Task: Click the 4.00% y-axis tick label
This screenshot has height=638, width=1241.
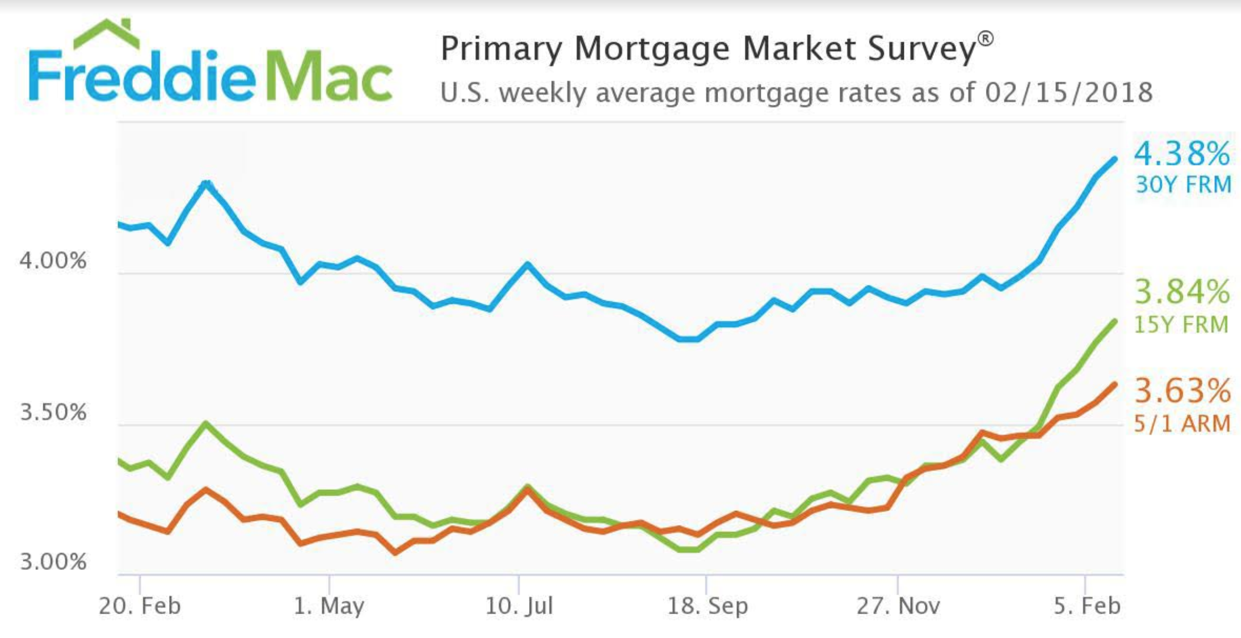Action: point(53,260)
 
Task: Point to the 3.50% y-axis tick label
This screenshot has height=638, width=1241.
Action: point(53,412)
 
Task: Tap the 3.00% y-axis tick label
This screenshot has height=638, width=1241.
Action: point(53,561)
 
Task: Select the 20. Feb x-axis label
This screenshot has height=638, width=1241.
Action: point(140,605)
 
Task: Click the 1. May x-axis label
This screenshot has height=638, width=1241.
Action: point(329,605)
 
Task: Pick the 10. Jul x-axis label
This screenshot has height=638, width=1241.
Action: point(519,605)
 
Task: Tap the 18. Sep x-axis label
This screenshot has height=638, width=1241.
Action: point(708,605)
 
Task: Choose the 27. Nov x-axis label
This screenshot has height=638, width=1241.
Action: point(898,605)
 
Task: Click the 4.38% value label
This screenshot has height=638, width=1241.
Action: point(1182,154)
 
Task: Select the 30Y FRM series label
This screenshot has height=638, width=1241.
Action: point(1183,185)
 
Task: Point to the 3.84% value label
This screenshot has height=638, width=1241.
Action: point(1182,292)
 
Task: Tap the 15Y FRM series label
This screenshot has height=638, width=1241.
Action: point(1181,325)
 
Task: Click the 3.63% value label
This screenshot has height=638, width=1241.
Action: point(1182,391)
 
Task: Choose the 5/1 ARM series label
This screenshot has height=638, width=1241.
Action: point(1182,424)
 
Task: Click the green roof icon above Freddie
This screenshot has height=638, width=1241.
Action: point(106,33)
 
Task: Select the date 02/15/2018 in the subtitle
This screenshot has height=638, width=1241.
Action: point(1069,93)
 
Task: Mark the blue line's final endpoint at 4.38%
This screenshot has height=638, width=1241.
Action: point(1115,159)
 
